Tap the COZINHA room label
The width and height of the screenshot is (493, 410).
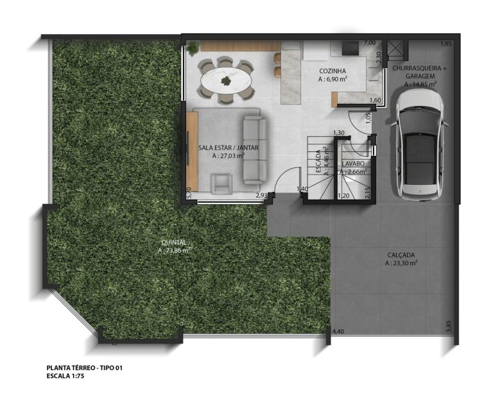pos(332,71)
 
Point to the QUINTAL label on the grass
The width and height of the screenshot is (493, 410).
pos(173,242)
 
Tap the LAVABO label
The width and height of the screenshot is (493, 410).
pos(353,163)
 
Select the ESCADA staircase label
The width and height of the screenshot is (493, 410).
pos(318,162)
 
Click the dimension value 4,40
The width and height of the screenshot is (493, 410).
pos(338,331)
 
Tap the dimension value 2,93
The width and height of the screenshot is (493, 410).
pos(261,194)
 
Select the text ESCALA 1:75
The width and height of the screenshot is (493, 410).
pos(65,377)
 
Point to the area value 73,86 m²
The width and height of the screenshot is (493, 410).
pos(175,251)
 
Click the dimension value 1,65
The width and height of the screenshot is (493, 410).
pos(447,44)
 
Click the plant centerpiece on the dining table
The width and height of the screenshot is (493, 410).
pos(225,81)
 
